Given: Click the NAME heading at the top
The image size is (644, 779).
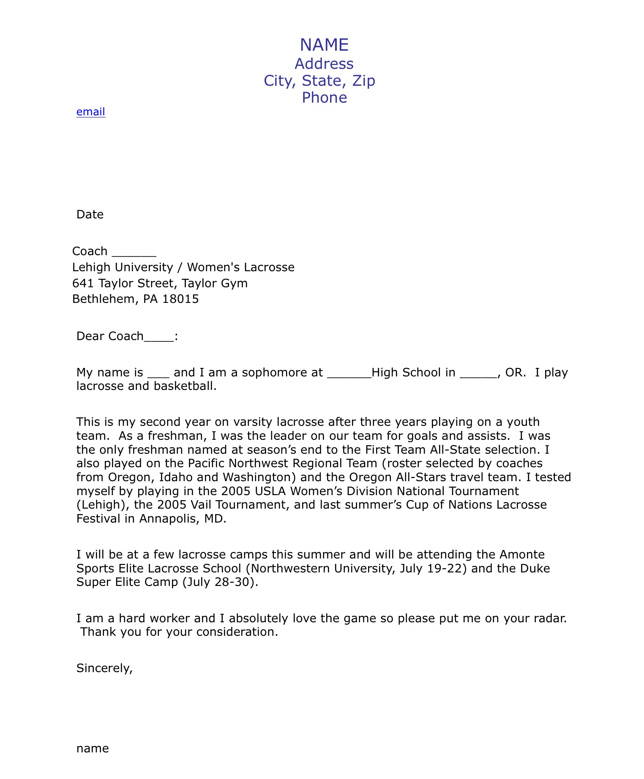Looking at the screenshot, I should (324, 45).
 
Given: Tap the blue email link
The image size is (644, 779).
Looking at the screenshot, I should (90, 112).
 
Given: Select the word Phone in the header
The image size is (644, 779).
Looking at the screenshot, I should (324, 98).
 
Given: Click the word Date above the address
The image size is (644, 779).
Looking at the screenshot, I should (90, 215).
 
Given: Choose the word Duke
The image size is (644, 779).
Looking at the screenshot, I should (535, 568).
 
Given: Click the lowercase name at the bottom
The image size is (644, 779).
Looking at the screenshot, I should (93, 749).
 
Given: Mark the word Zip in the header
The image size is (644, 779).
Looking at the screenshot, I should (363, 81).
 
